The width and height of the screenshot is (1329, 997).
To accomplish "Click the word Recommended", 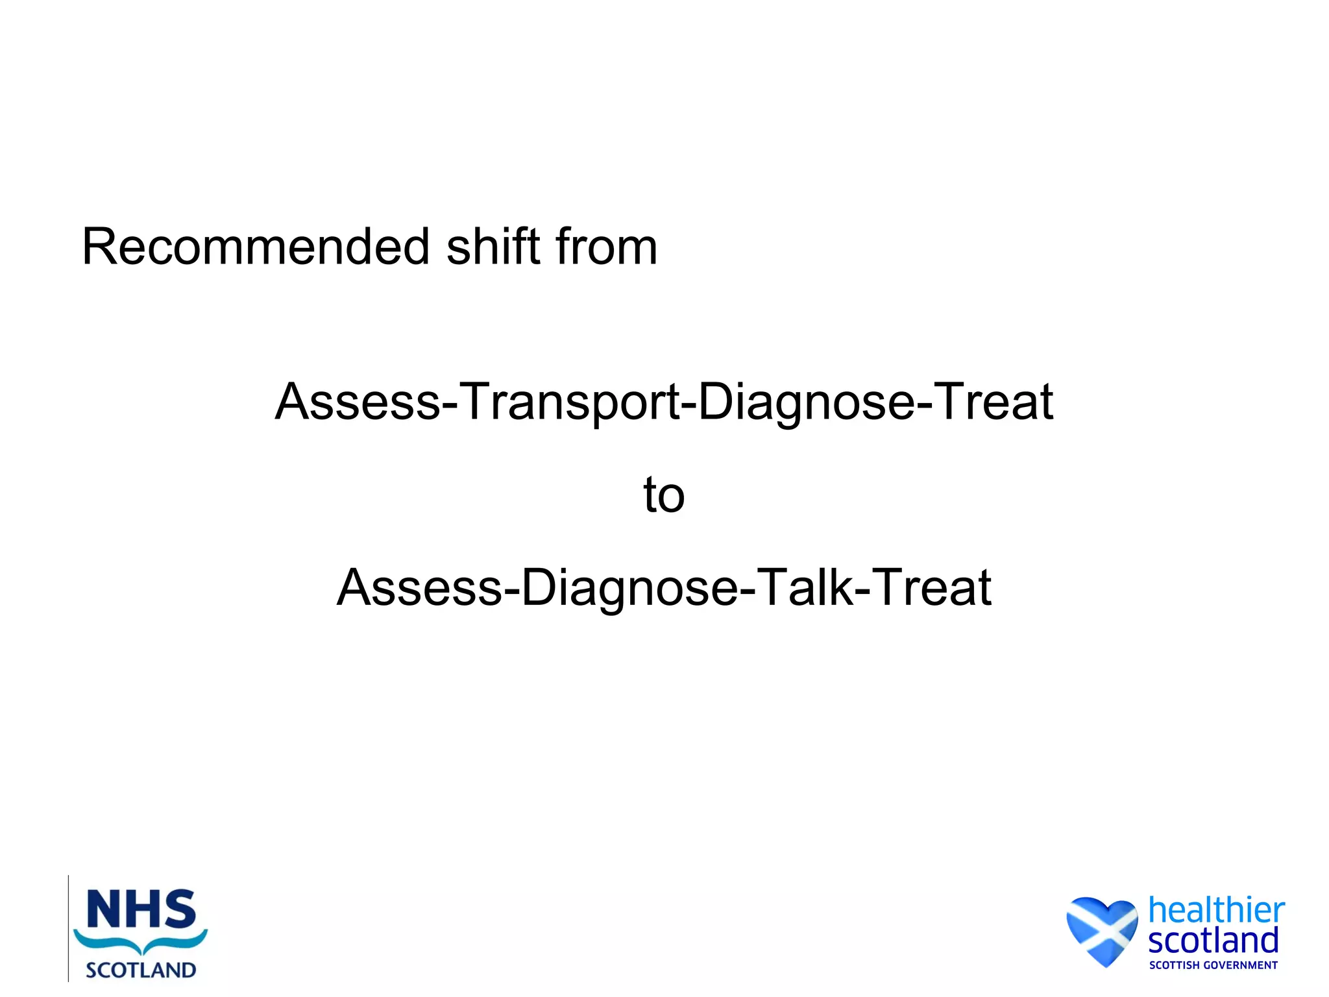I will click(x=256, y=247).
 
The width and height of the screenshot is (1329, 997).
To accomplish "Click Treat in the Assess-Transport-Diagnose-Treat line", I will click(x=993, y=402).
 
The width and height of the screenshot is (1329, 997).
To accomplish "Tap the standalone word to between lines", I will click(x=664, y=495).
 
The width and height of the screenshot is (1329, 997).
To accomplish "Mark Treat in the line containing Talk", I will click(x=931, y=588).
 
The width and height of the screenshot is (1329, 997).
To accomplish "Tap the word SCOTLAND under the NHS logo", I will click(x=141, y=970).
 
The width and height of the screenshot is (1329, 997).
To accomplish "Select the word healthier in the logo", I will click(x=1216, y=910).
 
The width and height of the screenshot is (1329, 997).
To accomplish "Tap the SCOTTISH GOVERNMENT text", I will click(x=1213, y=965).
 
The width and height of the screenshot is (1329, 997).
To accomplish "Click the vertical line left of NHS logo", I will click(x=68, y=928).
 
